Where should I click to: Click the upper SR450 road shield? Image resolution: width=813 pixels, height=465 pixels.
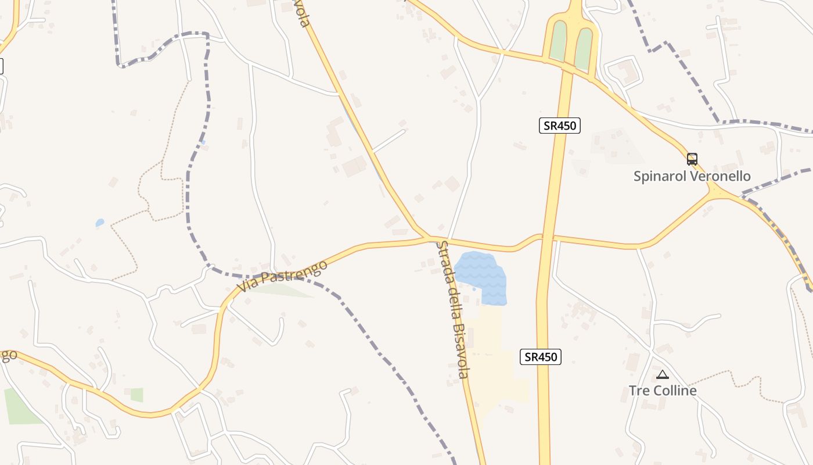(x=559, y=125)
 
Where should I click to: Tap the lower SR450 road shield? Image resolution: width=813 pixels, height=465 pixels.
(x=540, y=357)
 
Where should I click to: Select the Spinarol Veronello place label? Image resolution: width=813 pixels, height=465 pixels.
(x=692, y=176)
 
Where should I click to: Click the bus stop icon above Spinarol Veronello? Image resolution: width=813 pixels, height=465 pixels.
(x=692, y=159)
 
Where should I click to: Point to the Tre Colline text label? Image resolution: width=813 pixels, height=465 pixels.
(x=663, y=391)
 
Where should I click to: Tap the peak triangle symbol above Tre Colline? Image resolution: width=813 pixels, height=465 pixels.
(x=662, y=375)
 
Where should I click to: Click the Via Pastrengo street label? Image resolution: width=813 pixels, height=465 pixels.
(x=282, y=277)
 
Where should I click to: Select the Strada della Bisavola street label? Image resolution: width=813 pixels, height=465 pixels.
(x=452, y=309)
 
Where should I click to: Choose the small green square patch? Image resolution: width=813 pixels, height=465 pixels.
(x=136, y=395)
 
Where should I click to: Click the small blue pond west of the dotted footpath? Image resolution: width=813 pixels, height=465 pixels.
(x=100, y=223)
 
